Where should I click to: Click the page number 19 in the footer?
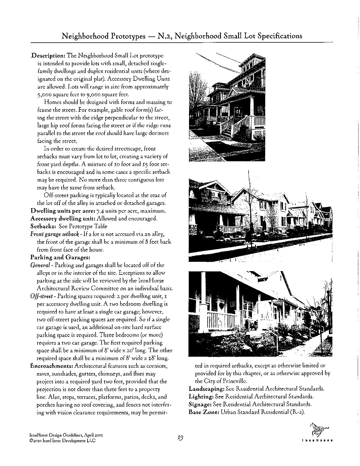(181, 438)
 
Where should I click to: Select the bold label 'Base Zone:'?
(204, 412)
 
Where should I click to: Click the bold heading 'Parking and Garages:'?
(60, 257)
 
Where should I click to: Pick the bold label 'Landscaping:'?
(206, 389)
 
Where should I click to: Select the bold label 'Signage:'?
(200, 404)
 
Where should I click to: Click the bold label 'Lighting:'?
(201, 397)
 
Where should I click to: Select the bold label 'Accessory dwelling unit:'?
(63, 219)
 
